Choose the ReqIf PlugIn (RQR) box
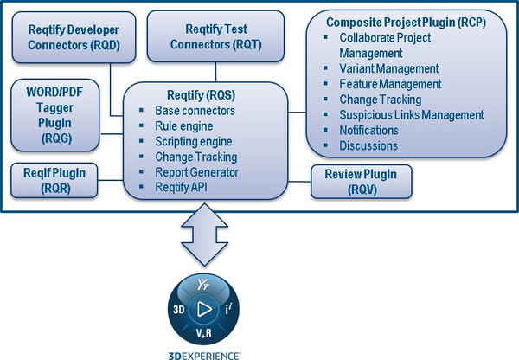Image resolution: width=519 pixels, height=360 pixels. point(54,178)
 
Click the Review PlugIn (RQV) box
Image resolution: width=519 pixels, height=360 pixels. point(362,180)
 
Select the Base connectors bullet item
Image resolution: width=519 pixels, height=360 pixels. point(195,112)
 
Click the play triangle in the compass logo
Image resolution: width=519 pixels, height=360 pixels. point(204,308)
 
